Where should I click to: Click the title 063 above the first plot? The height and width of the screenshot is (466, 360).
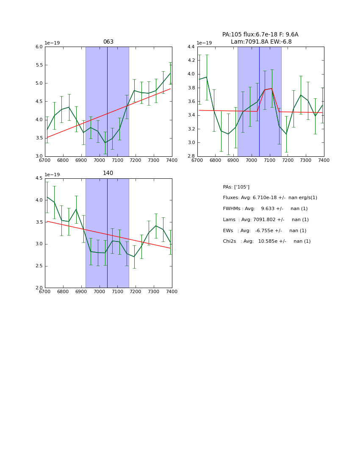(108, 42)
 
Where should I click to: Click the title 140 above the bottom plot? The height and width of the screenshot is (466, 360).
(108, 173)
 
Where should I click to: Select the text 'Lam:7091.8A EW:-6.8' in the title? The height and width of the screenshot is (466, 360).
(261, 42)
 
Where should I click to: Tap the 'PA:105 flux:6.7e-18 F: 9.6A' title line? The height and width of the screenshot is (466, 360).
(260, 35)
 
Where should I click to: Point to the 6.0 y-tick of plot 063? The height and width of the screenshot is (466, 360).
(39, 47)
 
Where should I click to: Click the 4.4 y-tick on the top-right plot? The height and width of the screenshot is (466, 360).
(191, 47)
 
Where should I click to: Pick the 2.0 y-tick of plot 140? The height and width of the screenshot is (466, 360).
(39, 288)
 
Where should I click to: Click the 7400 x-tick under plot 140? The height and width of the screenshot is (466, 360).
(172, 291)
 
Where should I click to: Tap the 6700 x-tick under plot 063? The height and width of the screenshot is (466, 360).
(45, 160)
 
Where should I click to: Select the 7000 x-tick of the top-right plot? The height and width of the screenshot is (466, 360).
(252, 160)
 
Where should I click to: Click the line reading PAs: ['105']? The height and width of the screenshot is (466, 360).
(236, 187)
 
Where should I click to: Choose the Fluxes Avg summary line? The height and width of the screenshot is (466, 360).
(270, 198)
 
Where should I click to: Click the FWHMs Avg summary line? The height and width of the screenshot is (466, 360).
(265, 209)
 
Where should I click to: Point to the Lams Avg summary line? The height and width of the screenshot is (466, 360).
(266, 220)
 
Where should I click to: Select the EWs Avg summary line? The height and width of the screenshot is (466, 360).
(264, 230)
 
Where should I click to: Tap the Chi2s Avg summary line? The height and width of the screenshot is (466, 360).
(266, 241)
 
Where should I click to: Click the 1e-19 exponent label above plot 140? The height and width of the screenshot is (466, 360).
(52, 175)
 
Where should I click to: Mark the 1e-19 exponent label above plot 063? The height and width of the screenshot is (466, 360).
(52, 43)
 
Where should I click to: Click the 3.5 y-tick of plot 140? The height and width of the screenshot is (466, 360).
(39, 222)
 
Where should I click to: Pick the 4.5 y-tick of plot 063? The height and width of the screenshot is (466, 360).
(39, 102)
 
